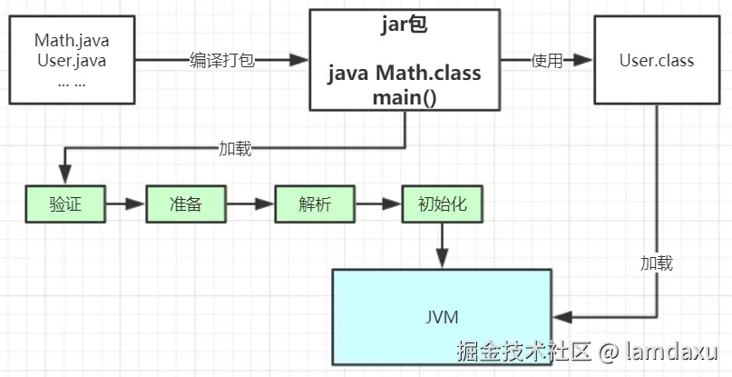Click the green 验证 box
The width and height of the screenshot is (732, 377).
(x=65, y=203)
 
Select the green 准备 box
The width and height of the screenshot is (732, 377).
(x=186, y=203)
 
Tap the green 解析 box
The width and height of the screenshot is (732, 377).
(x=315, y=203)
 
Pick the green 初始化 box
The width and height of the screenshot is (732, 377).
(x=442, y=203)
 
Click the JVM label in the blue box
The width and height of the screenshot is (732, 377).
(x=442, y=317)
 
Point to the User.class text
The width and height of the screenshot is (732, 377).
(x=657, y=60)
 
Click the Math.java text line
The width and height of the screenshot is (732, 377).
(x=72, y=40)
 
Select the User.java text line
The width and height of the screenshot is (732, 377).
(x=72, y=61)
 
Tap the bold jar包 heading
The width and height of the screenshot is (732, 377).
(x=405, y=25)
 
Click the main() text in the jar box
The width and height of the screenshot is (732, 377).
(x=405, y=98)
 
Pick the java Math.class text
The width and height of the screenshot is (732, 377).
(x=405, y=73)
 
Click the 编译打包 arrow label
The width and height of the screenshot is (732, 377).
(x=222, y=60)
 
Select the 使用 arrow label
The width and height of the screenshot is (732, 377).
(x=547, y=60)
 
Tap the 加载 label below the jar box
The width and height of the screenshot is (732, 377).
(x=235, y=148)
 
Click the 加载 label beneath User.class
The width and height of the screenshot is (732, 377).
(x=657, y=263)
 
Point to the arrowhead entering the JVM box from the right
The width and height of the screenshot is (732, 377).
(x=563, y=317)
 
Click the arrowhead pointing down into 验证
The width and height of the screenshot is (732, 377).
(x=65, y=174)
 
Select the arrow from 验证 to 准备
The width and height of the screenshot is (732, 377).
(x=125, y=203)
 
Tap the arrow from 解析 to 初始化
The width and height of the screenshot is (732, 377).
(x=378, y=203)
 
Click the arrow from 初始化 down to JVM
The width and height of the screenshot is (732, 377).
(x=442, y=245)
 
